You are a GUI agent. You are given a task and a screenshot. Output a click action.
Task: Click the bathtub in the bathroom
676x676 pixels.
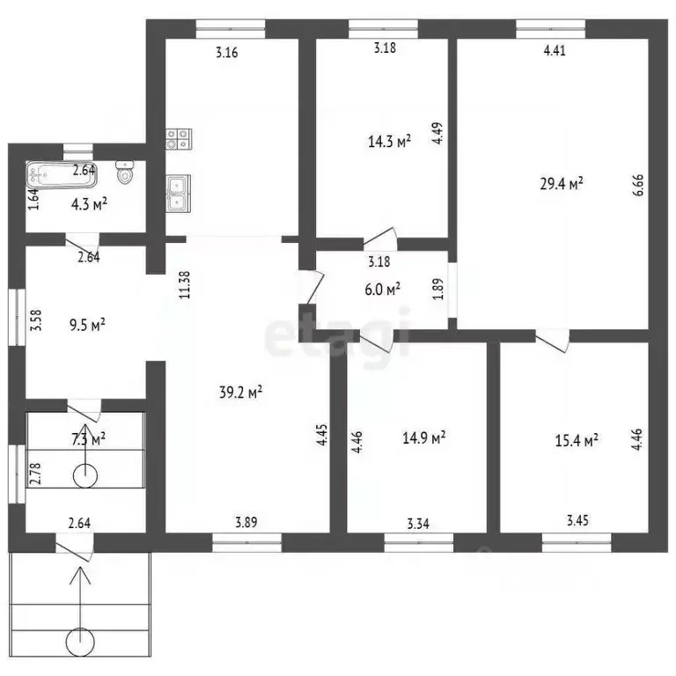click(x=62, y=175)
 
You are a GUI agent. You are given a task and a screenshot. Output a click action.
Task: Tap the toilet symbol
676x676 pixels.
click(x=125, y=173)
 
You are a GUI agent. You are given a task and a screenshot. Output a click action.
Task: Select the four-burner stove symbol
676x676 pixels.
click(x=179, y=139)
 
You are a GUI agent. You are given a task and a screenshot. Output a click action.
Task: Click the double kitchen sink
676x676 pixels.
click(x=179, y=194)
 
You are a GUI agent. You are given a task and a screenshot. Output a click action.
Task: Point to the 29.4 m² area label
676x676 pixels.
click(x=562, y=184)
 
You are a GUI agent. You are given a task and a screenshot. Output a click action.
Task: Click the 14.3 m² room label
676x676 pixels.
click(x=389, y=141)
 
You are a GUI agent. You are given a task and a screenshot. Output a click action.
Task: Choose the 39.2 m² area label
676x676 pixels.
click(x=241, y=392)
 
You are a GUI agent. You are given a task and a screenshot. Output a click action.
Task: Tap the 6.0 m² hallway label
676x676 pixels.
click(x=382, y=289)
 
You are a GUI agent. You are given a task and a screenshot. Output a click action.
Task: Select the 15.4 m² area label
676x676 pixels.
click(x=577, y=440)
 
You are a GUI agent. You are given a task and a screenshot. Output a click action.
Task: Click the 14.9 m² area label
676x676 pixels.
click(x=423, y=438)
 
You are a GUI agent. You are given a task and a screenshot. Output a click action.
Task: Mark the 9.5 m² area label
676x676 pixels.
click(x=87, y=325)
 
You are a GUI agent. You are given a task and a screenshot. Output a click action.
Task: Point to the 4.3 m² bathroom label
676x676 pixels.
click(x=89, y=204)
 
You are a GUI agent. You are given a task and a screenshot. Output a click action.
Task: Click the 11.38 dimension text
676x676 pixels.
click(x=184, y=285)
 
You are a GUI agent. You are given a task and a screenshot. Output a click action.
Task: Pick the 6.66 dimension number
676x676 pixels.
click(x=638, y=185)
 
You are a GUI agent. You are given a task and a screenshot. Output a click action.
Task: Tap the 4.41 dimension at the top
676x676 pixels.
click(x=555, y=50)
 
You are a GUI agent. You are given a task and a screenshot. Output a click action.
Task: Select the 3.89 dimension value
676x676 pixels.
click(x=246, y=523)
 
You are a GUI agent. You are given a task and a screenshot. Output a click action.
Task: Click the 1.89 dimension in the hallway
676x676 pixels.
click(x=437, y=289)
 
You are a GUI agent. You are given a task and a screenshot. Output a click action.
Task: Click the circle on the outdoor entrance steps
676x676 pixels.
click(x=80, y=642)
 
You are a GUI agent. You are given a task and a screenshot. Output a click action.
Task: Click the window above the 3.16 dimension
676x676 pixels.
click(x=231, y=29)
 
